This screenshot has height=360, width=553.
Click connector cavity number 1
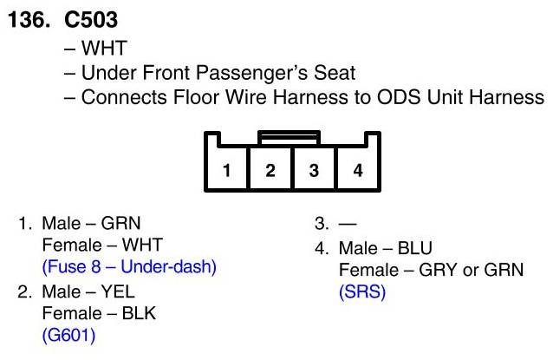point(226,170)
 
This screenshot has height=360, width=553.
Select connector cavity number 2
point(270,170)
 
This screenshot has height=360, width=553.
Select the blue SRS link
point(361,292)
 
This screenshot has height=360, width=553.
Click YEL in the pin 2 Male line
point(120,291)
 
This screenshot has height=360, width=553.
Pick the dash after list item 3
point(338,224)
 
